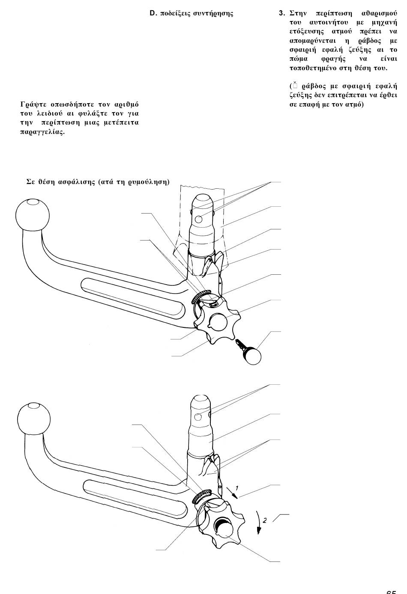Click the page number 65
click(391, 592)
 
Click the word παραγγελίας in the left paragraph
click(42, 132)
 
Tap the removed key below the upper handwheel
click(249, 353)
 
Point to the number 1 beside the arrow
click(236, 487)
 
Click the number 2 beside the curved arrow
click(265, 520)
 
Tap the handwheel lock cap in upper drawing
click(218, 321)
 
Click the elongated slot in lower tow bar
click(135, 500)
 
